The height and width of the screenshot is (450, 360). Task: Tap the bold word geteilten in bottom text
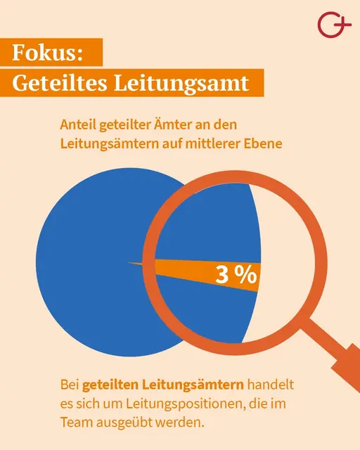pyautogui.click(x=110, y=385)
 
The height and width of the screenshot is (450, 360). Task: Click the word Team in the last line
pyautogui.click(x=75, y=424)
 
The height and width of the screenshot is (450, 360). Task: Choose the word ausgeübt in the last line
pyautogui.click(x=125, y=424)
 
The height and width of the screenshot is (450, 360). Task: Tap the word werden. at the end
pyautogui.click(x=184, y=424)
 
